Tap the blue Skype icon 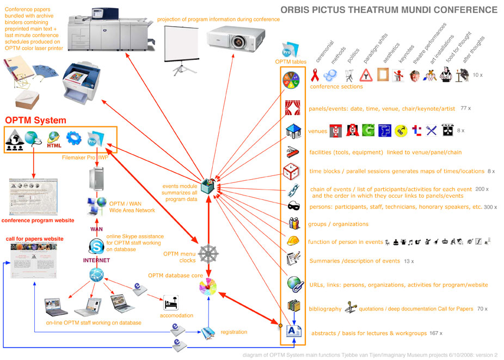(96, 247)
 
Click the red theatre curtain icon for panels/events (292, 108)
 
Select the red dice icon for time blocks (292, 170)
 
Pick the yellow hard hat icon (292, 241)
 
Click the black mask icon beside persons (292, 206)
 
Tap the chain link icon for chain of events (292, 190)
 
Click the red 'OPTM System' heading (35, 120)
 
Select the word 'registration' (233, 332)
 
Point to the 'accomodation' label (176, 315)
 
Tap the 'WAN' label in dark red (96, 229)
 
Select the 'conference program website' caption (38, 221)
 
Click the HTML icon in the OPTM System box (54, 140)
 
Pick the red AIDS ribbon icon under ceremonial (314, 75)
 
